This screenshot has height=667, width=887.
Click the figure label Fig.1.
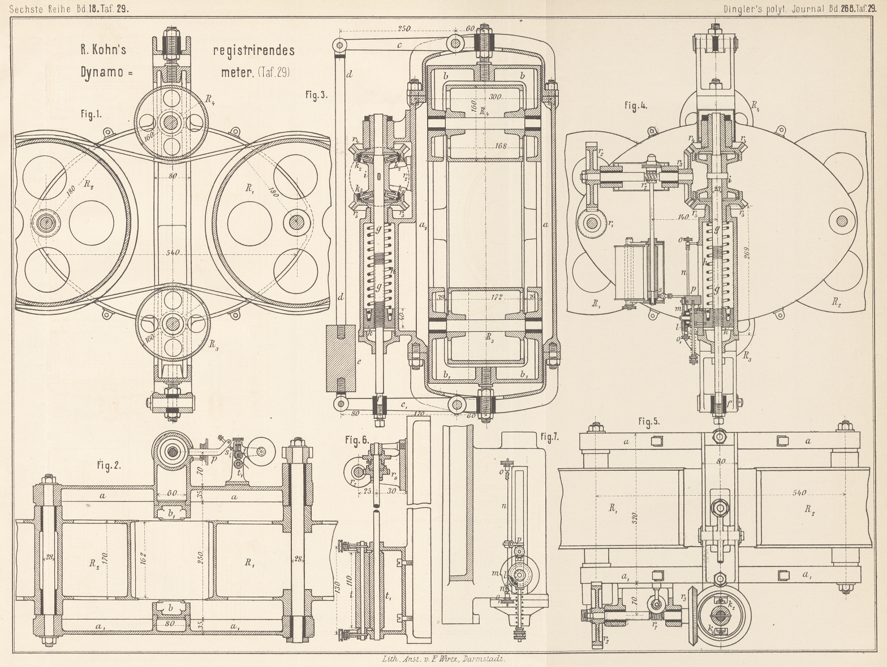(x=91, y=114)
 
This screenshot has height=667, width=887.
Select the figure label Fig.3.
(x=316, y=95)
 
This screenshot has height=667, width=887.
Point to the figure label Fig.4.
(x=636, y=106)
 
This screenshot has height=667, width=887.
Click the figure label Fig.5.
(x=649, y=421)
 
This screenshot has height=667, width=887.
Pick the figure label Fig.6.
(x=357, y=439)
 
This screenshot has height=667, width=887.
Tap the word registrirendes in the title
(x=253, y=50)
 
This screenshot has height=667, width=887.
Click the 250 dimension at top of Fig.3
(x=404, y=29)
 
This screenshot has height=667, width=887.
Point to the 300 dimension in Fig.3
(x=496, y=98)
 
